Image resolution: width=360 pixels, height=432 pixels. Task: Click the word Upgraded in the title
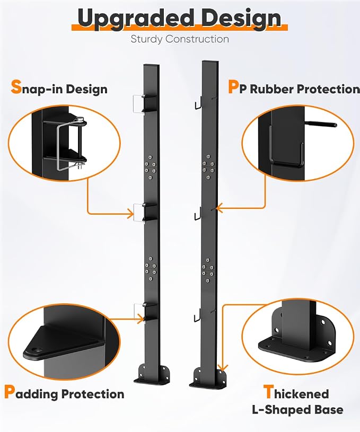(136, 18)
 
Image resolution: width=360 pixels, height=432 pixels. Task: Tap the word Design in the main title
(241, 18)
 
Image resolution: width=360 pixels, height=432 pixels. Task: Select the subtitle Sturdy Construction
(180, 39)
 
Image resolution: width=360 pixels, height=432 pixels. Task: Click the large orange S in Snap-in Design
(16, 87)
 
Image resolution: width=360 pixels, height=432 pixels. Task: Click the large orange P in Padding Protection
(10, 392)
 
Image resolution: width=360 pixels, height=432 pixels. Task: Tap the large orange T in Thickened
(268, 392)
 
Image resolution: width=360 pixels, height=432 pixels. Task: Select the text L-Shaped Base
(298, 410)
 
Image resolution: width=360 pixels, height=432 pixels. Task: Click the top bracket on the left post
(146, 103)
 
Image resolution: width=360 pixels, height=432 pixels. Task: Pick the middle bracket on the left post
(146, 212)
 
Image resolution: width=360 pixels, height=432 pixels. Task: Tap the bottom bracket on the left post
(146, 312)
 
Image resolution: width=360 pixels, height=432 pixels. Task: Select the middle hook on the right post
(197, 214)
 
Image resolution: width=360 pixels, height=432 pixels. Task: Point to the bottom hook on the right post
(197, 315)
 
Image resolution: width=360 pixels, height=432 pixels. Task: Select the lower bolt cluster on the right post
(208, 270)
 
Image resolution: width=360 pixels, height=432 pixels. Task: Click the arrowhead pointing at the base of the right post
(223, 367)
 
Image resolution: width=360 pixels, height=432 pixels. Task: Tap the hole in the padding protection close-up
(36, 350)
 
